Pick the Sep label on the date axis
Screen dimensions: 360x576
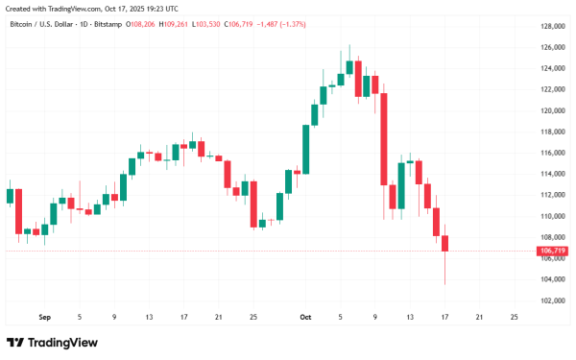tap(43, 316)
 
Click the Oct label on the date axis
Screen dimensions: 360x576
tap(305, 316)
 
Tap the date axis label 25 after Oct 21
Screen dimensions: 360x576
tap(516, 316)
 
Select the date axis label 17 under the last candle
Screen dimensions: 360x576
tap(445, 316)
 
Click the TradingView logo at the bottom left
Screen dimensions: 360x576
tap(44, 343)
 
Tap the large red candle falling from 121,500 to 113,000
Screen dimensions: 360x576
tap(384, 139)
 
